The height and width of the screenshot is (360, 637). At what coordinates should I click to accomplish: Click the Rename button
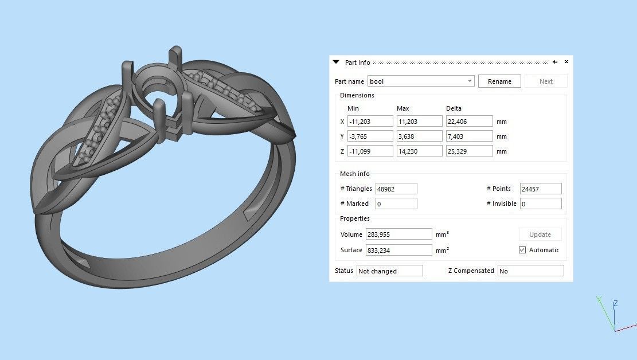(499, 81)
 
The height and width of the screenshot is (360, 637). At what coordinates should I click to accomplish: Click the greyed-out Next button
(546, 81)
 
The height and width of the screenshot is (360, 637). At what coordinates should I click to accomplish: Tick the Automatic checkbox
(522, 250)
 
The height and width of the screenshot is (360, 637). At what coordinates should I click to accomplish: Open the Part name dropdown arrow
(470, 81)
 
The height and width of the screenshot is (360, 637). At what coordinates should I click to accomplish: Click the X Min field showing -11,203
(370, 122)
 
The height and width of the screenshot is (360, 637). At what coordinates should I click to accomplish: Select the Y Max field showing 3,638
(419, 136)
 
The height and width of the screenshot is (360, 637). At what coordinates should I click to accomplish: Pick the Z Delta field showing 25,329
(469, 151)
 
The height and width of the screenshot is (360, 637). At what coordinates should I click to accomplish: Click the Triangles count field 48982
(396, 189)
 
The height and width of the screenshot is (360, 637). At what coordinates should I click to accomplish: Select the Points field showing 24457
(540, 189)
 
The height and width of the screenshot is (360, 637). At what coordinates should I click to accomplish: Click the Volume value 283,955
(398, 234)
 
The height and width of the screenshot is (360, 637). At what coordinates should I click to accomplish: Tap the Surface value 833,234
(398, 250)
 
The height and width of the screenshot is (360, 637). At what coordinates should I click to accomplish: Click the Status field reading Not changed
(389, 271)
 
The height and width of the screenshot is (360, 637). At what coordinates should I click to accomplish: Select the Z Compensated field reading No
(530, 271)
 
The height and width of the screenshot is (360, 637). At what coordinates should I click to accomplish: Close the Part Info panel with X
(566, 62)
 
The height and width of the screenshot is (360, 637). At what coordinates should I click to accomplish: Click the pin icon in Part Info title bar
(555, 62)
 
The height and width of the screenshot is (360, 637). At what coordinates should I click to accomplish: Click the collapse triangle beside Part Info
(337, 62)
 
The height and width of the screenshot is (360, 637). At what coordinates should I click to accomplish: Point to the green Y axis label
(598, 299)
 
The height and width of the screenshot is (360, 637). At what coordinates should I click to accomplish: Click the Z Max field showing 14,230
(419, 151)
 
